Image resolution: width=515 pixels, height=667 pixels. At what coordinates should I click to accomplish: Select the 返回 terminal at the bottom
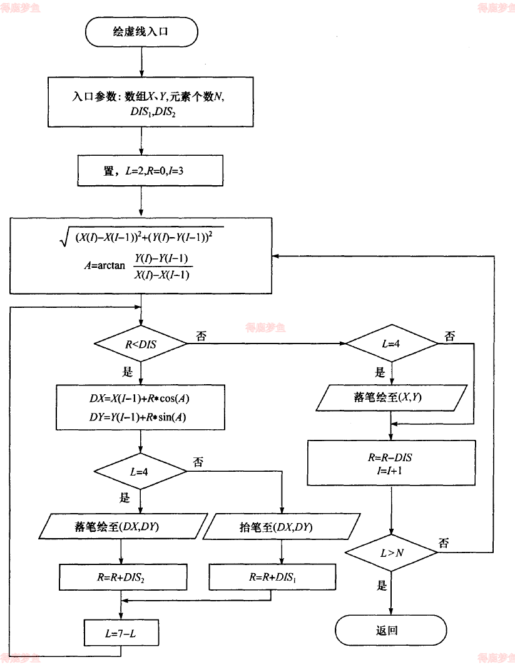click(x=391, y=630)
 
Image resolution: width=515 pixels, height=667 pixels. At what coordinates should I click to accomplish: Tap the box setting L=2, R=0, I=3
click(x=150, y=171)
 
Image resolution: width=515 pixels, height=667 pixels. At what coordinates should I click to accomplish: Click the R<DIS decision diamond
click(x=140, y=344)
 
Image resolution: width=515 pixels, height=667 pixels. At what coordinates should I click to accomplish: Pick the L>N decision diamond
click(x=391, y=551)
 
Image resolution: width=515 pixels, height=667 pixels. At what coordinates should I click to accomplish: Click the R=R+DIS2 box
click(x=123, y=578)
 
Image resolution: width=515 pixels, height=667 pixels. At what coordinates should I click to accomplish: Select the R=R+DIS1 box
click(x=271, y=578)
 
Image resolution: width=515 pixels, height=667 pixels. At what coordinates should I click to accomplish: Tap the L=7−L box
click(x=119, y=634)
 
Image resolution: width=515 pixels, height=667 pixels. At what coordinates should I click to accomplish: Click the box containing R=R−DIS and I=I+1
click(x=391, y=463)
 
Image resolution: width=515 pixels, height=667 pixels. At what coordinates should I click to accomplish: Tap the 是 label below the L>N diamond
click(x=381, y=586)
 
